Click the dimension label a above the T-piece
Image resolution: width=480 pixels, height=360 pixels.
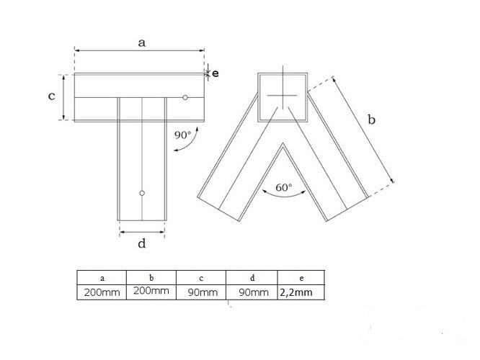tap(142, 42)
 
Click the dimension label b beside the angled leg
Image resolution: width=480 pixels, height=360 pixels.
tap(372, 120)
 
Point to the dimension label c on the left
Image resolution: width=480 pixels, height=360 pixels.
tap(52, 96)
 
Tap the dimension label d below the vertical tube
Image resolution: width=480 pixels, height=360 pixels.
tap(142, 243)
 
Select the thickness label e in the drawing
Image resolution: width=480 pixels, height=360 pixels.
tap(215, 73)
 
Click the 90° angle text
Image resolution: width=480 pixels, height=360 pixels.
tap(183, 135)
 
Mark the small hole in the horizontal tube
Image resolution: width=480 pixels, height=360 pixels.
tap(185, 97)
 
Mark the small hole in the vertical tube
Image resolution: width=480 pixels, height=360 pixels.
tap(143, 193)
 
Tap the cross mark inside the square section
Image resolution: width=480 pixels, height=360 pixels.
tap(282, 96)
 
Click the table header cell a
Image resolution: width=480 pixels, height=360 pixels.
tap(102, 277)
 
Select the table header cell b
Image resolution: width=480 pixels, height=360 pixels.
tap(151, 277)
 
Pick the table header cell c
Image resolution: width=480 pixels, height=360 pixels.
tap(201, 277)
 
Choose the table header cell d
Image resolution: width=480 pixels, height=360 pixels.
tap(251, 277)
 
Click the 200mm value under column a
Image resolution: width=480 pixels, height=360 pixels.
tap(102, 292)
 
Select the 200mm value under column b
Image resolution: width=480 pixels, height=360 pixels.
tap(151, 292)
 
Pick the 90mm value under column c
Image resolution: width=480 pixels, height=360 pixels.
tap(201, 292)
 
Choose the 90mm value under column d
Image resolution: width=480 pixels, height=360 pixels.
tap(251, 292)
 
